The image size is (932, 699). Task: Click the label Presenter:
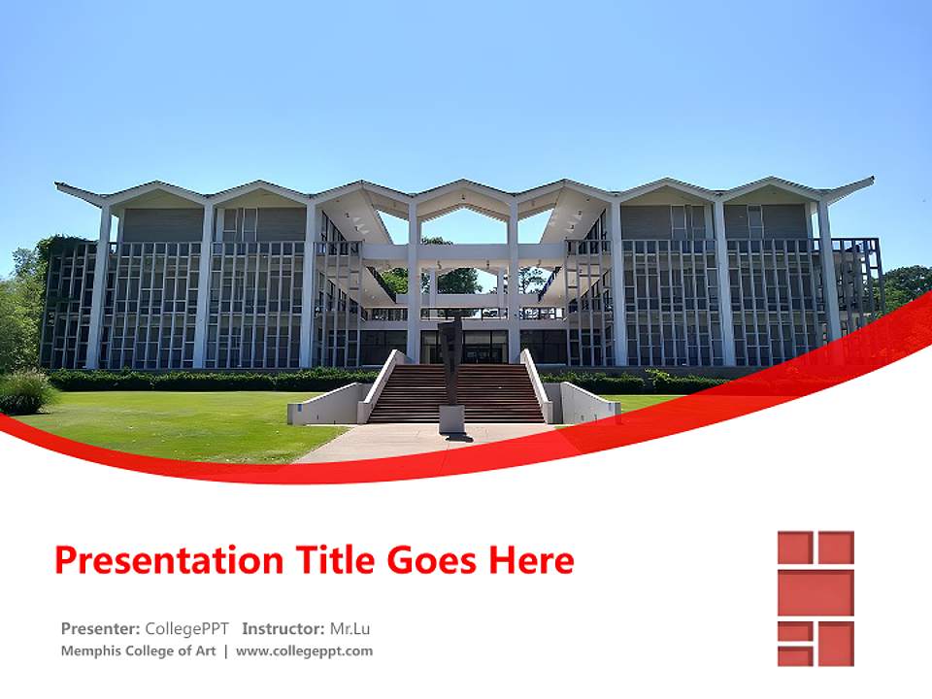[101, 628]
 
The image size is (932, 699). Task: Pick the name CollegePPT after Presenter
[187, 628]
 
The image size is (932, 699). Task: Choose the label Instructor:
[283, 628]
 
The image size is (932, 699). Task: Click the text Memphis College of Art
[138, 651]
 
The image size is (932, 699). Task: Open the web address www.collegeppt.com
[304, 651]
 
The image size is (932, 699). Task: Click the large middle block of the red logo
[815, 593]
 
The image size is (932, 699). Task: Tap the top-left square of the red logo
[793, 548]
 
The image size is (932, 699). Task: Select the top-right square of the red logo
[835, 548]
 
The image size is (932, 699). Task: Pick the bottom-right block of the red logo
[835, 643]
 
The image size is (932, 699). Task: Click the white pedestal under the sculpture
[451, 418]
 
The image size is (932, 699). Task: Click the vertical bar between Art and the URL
[226, 651]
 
